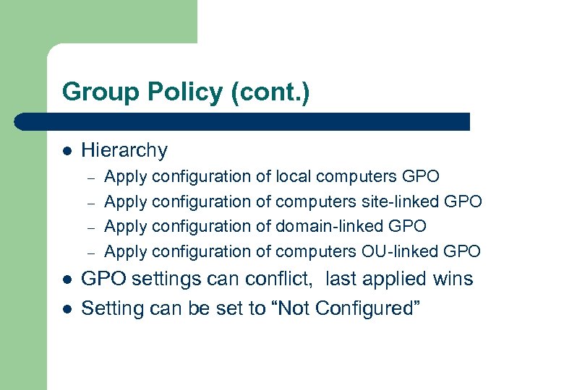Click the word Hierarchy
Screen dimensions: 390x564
pos(124,150)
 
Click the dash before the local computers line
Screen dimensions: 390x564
pos(90,177)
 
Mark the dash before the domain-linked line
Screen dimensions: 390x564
pos(90,227)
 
